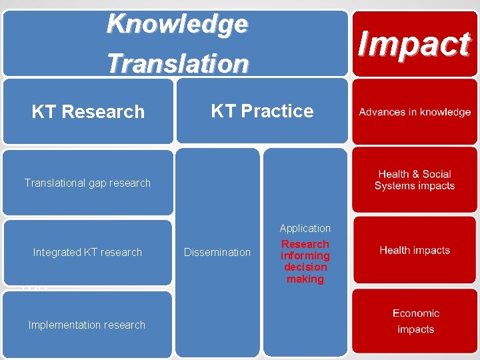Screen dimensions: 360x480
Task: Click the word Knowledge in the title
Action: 177,24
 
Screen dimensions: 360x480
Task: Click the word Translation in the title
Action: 177,63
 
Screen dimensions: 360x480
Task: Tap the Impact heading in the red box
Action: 414,44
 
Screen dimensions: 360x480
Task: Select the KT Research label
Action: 88,111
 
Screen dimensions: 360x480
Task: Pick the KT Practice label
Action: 262,111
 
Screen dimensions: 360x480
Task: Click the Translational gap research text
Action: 87,183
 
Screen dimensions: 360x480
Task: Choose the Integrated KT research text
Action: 87,252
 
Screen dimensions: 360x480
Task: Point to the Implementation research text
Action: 87,325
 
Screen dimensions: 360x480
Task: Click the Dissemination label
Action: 217,252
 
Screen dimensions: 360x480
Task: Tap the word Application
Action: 305,228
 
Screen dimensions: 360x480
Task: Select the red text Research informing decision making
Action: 305,261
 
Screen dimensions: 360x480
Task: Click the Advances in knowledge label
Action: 415,112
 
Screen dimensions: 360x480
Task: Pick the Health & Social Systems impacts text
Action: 415,180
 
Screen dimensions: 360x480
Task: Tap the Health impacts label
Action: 415,250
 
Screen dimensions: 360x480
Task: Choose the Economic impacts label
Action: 416,321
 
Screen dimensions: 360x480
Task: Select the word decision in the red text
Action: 305,267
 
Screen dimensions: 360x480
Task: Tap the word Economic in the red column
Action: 416,313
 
